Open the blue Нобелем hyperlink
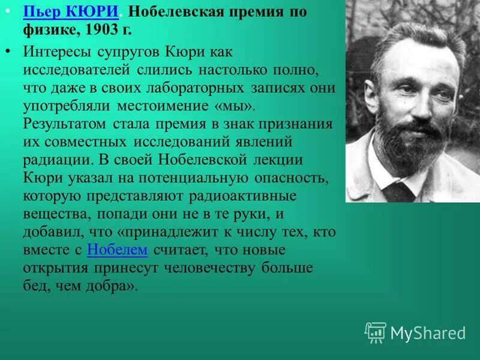click(118, 250)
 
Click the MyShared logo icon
click(375, 332)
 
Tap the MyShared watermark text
click(428, 333)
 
